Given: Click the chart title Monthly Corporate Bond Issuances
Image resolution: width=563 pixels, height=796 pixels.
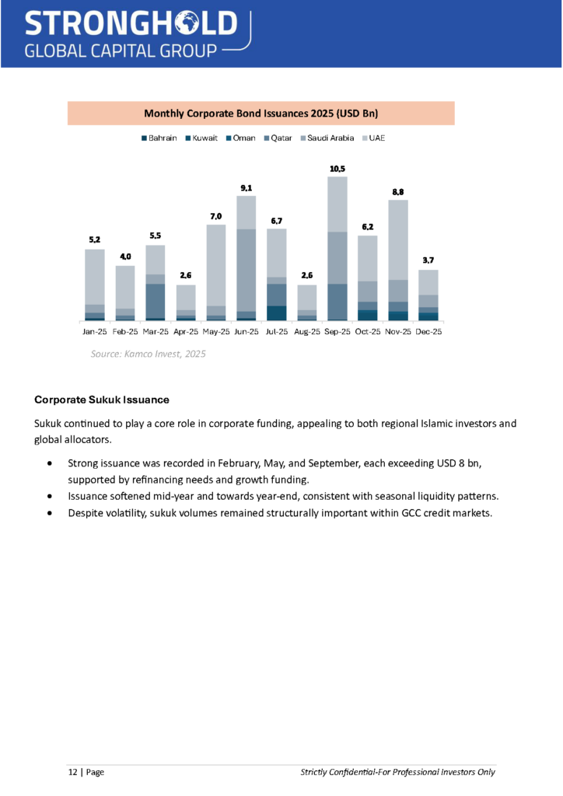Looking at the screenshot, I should point(261,113).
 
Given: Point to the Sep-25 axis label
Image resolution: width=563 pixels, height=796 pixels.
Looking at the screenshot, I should point(337,331).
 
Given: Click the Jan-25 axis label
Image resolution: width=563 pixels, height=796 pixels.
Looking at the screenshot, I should point(95,331).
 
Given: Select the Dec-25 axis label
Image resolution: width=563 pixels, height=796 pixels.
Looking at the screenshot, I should point(428,331).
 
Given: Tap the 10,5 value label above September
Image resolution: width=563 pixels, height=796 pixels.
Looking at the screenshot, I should point(337,169).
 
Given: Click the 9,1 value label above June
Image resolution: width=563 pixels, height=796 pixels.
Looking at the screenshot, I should point(247,187).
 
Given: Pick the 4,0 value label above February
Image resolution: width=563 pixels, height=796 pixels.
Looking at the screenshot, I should point(125,257).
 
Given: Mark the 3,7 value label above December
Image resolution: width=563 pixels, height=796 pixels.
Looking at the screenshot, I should point(428,261).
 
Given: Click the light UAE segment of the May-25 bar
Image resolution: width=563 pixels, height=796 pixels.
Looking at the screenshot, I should point(216,264).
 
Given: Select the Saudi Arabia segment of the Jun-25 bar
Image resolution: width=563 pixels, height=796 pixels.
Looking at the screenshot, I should point(247,270).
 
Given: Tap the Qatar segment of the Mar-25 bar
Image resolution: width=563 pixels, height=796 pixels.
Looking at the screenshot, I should point(156,301).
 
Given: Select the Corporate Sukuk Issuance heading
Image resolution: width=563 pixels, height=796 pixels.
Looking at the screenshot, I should point(102,400).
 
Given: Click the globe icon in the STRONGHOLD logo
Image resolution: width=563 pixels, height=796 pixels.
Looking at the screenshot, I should point(185,24).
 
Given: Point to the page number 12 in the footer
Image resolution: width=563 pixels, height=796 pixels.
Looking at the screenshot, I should point(72,772).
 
